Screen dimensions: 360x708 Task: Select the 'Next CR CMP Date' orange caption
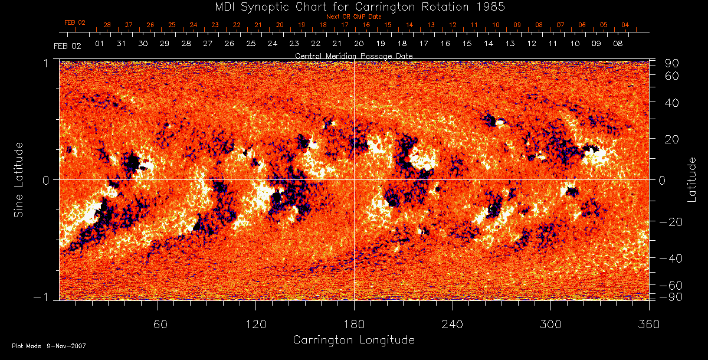[x=354, y=17]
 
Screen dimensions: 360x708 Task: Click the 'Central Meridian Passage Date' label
[x=353, y=55]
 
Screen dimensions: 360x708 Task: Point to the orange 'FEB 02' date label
[x=75, y=23]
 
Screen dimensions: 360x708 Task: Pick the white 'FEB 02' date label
[x=67, y=45]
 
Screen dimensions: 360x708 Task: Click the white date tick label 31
[x=122, y=44]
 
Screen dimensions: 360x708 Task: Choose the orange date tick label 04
[x=625, y=25]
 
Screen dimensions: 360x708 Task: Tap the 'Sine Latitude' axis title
[x=19, y=179]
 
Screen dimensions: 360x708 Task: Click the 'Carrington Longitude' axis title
[x=353, y=340]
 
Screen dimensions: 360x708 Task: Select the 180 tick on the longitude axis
[x=354, y=324]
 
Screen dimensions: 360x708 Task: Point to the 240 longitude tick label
[x=453, y=324]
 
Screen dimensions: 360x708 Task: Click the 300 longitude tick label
[x=550, y=324]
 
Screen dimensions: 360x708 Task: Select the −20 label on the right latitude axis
[x=670, y=222]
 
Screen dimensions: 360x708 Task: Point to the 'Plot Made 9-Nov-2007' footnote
[x=49, y=346]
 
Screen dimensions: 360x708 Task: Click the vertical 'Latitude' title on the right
[x=692, y=179]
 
